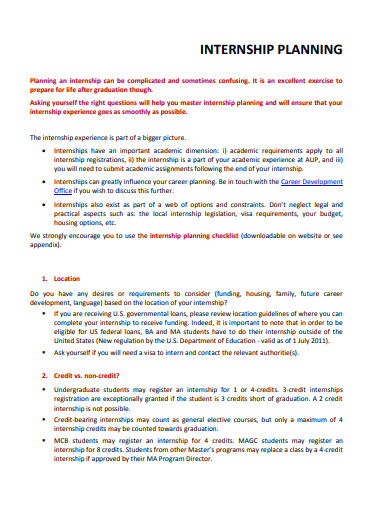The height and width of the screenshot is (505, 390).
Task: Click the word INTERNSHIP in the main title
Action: [x=238, y=49]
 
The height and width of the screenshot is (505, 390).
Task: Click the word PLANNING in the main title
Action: [x=312, y=49]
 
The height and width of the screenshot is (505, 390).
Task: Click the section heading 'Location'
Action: [x=68, y=277]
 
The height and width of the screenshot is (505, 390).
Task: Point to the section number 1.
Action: [x=45, y=277]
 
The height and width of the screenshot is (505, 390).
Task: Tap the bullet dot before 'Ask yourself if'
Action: [x=45, y=354]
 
